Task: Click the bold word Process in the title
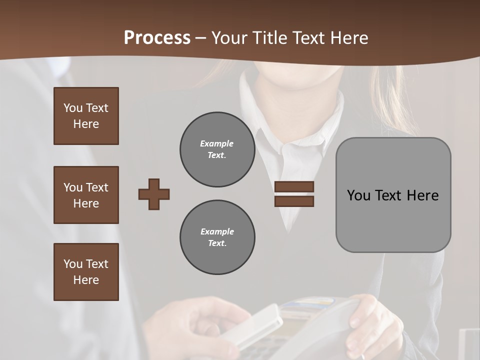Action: coord(157,38)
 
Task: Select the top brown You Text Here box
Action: coord(86,116)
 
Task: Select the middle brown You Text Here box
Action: coord(86,195)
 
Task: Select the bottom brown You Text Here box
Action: coord(86,272)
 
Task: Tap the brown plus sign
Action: coord(154,194)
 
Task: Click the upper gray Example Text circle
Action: coord(217,149)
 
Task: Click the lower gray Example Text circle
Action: coord(217,237)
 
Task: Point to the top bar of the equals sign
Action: coord(294,187)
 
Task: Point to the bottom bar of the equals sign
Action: coord(294,201)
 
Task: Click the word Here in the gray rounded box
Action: coord(422,195)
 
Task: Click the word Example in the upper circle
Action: coord(217,143)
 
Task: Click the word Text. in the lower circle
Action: coord(217,243)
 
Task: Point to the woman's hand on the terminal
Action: coord(370,320)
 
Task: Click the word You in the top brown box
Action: coord(73,108)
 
